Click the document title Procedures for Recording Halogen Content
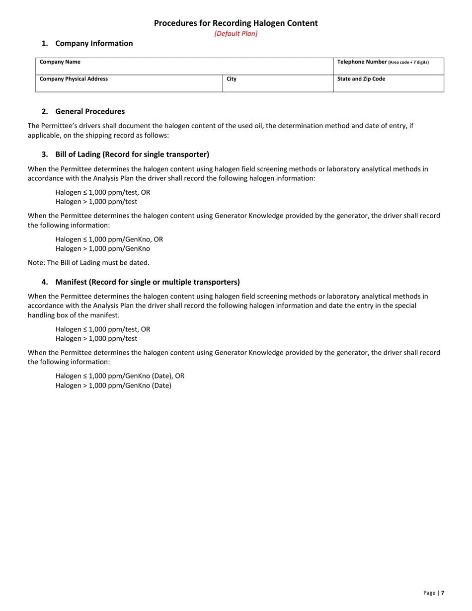point(236,23)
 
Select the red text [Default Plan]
point(236,34)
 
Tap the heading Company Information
point(94,44)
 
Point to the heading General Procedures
point(90,112)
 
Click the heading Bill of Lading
point(132,154)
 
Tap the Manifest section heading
point(148,282)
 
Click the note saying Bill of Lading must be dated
point(88,263)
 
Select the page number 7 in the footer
point(442,593)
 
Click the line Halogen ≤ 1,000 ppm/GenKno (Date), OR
point(120,376)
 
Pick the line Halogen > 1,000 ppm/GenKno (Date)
point(113,385)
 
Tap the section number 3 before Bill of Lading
point(45,154)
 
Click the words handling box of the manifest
point(74,315)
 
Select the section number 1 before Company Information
point(45,44)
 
